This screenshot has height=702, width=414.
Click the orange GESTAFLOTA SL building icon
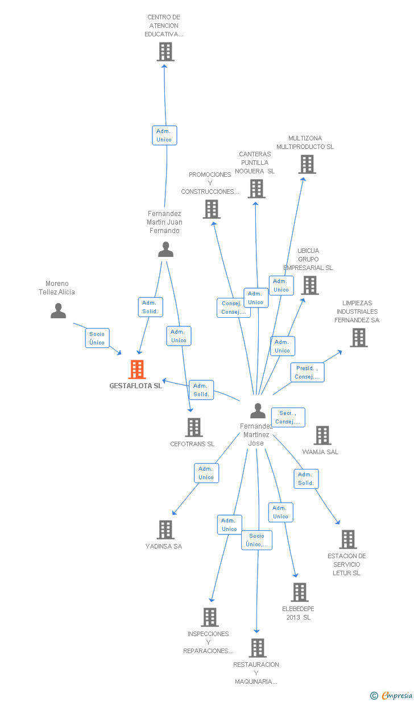click(x=137, y=369)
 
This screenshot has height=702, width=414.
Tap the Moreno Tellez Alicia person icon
click(x=59, y=310)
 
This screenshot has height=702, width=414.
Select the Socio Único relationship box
click(x=97, y=338)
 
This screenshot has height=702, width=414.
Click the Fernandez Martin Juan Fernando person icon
click(x=165, y=249)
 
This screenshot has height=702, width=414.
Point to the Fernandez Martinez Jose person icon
click(x=258, y=410)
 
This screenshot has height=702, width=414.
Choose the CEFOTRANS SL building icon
click(x=194, y=427)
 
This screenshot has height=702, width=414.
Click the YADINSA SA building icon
click(x=165, y=530)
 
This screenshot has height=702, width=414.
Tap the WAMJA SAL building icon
click(x=322, y=435)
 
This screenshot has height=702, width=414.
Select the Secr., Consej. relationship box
click(x=288, y=417)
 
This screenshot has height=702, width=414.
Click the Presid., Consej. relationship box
click(x=307, y=372)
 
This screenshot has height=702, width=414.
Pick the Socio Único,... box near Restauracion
click(x=257, y=540)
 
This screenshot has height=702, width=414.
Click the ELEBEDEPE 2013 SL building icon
click(x=300, y=592)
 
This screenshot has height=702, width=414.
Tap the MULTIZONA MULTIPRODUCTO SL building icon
click(x=307, y=164)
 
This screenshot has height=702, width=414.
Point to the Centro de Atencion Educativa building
click(x=165, y=52)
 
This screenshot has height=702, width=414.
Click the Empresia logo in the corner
click(x=391, y=695)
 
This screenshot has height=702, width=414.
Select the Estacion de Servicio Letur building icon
click(x=348, y=539)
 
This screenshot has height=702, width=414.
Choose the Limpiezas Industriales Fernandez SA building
click(x=359, y=338)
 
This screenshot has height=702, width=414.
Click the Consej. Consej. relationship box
click(x=234, y=308)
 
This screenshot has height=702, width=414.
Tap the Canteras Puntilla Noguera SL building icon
click(x=256, y=189)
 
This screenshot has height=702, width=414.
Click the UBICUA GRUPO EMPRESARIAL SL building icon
click(x=310, y=285)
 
